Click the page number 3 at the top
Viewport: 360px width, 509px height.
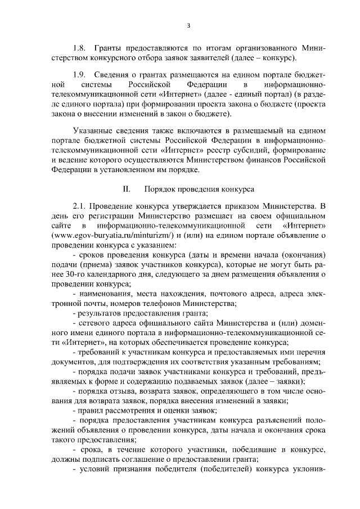[188, 25]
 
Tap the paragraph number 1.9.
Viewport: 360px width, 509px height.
[80, 75]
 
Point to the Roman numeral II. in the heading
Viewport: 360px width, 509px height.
[127, 190]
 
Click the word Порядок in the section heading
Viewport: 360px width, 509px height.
[162, 190]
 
